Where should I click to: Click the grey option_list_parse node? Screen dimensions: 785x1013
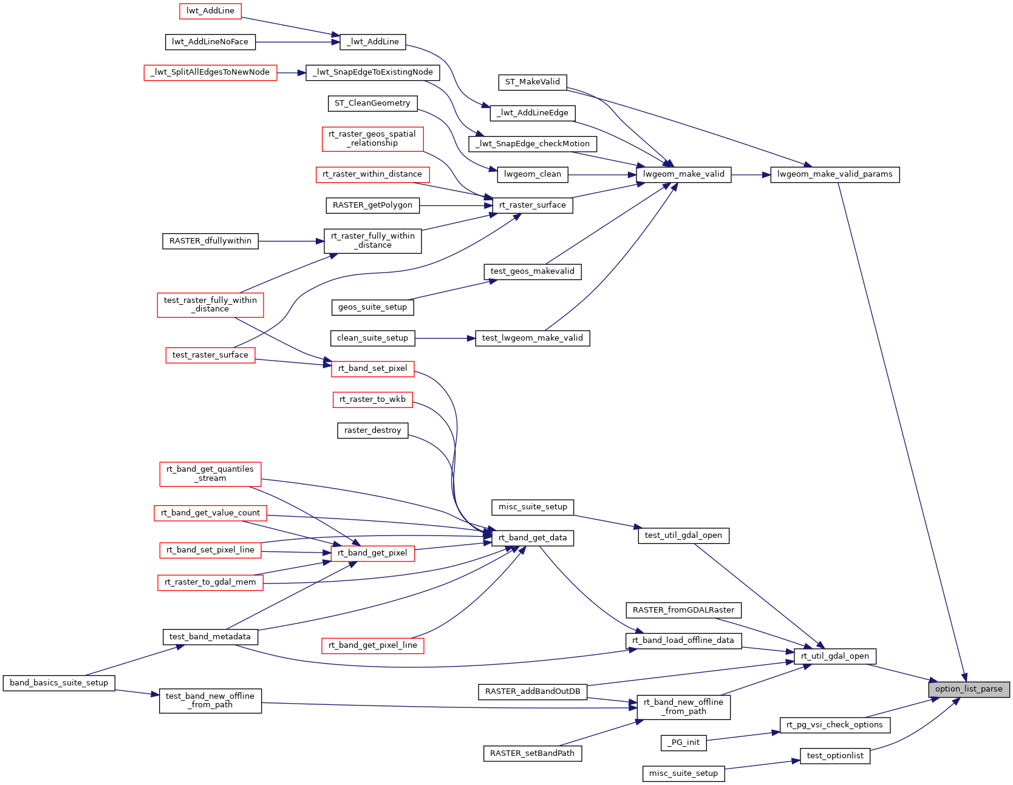click(969, 689)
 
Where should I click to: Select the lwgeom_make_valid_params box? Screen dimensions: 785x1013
click(834, 174)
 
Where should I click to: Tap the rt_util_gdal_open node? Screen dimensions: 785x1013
click(834, 656)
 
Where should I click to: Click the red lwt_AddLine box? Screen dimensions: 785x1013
click(210, 11)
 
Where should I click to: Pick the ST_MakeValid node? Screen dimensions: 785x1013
click(532, 82)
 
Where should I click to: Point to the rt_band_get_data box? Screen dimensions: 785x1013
click(532, 538)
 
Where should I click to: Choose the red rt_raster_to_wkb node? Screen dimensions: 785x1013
click(372, 399)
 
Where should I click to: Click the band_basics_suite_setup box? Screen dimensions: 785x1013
click(59, 683)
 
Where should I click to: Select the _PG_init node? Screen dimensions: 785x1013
click(683, 743)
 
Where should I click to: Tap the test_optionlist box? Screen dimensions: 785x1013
click(834, 756)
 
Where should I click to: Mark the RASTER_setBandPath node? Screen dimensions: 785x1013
click(532, 753)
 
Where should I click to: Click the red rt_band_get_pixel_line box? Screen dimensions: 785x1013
click(372, 645)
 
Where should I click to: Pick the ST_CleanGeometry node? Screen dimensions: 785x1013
click(372, 103)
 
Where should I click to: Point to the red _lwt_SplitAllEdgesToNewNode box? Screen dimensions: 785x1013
click(210, 72)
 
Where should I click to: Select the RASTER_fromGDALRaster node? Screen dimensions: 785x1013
click(683, 610)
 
